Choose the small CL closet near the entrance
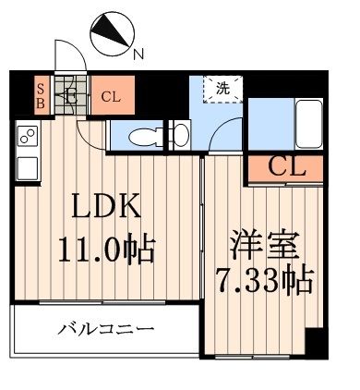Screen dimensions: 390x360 [x=110, y=94]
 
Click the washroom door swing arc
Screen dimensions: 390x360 [x=220, y=139]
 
